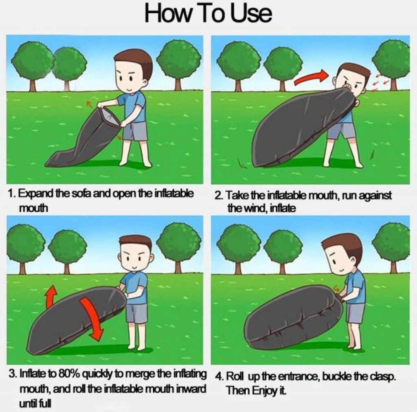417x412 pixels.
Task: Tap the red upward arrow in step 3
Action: click(51, 297)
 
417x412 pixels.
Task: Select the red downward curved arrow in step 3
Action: click(92, 318)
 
